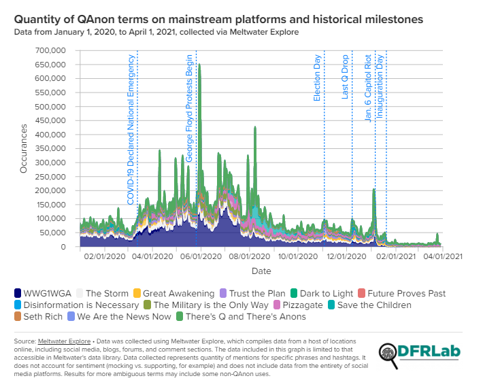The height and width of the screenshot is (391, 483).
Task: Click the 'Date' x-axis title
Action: pos(261,271)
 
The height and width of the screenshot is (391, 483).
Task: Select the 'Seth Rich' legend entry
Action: pos(42,317)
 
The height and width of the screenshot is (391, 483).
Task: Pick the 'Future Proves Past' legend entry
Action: pos(406,294)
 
